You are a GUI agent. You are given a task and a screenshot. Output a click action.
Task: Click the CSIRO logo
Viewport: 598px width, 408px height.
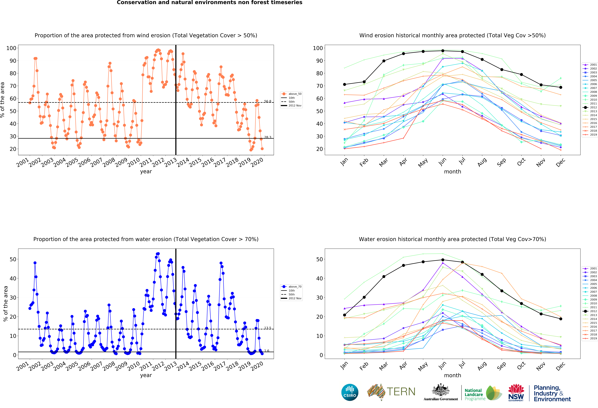pos(350,392)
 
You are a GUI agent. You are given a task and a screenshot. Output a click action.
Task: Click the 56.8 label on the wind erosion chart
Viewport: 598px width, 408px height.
pos(268,102)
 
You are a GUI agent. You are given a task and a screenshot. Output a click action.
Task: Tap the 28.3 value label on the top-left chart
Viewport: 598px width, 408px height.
pos(268,137)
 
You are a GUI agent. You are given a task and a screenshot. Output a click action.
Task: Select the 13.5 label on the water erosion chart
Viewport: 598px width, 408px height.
pos(268,328)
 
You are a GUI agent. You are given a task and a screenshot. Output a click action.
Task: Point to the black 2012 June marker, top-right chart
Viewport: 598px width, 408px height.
pos(443,51)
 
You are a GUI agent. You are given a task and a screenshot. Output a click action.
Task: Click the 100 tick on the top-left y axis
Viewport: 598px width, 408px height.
pos(11,48)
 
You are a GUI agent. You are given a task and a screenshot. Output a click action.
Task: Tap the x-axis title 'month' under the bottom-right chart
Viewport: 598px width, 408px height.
pos(452,375)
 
